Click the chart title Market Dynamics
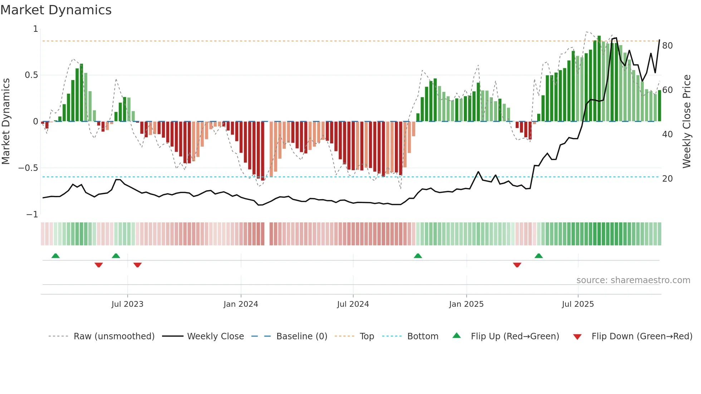pyautogui.click(x=56, y=10)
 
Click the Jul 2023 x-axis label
pyautogui.click(x=127, y=304)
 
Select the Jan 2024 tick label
pyautogui.click(x=241, y=304)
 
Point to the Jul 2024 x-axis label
pyautogui.click(x=353, y=304)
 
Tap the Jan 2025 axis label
pyautogui.click(x=466, y=304)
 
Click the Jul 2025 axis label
pyautogui.click(x=578, y=304)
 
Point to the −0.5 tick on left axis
pyautogui.click(x=28, y=168)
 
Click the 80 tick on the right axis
pyautogui.click(x=667, y=46)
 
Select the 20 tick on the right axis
pyautogui.click(x=667, y=179)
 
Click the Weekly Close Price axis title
pyautogui.click(x=687, y=122)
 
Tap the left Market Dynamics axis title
pyautogui.click(x=6, y=122)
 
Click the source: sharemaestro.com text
pyautogui.click(x=633, y=280)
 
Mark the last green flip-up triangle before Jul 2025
pyautogui.click(x=539, y=256)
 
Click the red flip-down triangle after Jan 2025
pyautogui.click(x=517, y=265)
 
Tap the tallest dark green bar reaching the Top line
pyautogui.click(x=599, y=79)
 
